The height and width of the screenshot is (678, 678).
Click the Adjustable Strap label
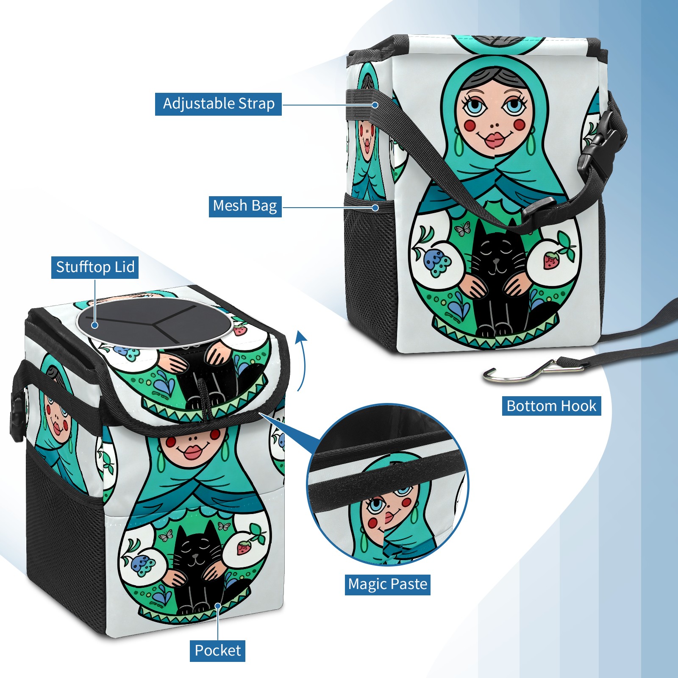(218, 104)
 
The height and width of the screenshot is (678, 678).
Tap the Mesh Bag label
(245, 206)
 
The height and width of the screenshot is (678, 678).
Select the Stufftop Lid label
(95, 267)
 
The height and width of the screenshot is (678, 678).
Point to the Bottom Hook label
(551, 406)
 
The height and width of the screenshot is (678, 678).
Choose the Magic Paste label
(388, 584)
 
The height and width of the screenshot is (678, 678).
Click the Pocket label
(217, 650)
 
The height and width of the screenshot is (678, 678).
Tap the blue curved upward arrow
(301, 360)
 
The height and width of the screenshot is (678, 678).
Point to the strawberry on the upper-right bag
(551, 260)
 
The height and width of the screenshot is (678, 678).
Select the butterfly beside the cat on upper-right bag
(462, 228)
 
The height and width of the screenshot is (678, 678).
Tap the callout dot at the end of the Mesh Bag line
(375, 208)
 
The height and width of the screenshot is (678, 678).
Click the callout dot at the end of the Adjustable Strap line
(375, 104)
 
